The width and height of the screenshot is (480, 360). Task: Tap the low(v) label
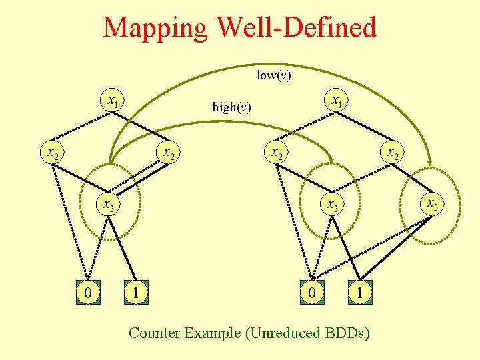click(x=274, y=75)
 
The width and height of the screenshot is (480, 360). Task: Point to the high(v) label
click(x=231, y=107)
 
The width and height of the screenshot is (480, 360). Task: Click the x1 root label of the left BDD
click(x=113, y=101)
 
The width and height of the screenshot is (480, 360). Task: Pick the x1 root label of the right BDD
click(x=338, y=101)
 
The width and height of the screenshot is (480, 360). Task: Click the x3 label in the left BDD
click(x=107, y=205)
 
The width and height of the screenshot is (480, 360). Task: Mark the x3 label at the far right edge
click(x=432, y=202)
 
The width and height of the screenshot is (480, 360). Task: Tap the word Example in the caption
click(x=215, y=332)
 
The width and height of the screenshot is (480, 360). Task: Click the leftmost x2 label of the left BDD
click(x=51, y=153)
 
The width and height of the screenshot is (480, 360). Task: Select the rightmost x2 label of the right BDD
click(x=393, y=153)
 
